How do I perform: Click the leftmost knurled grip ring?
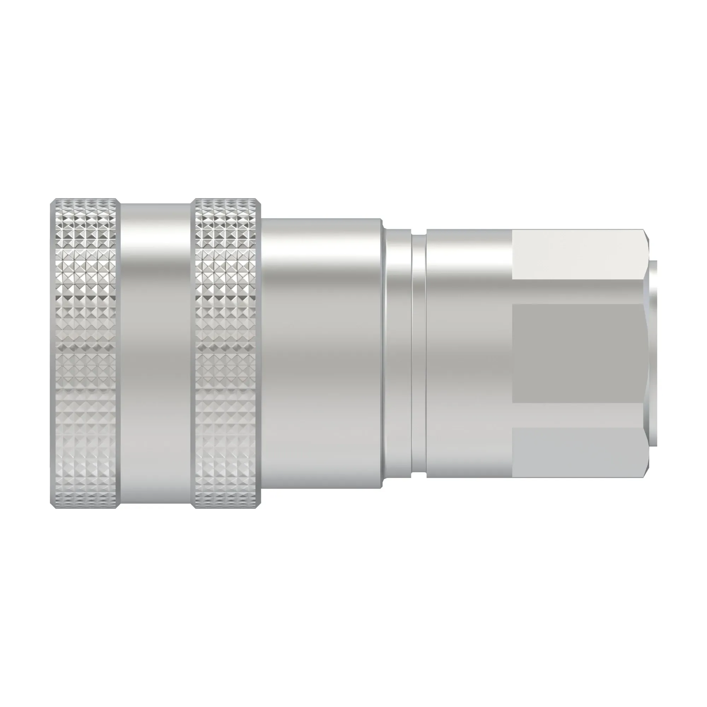tap(85, 353)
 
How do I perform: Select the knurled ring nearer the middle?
tap(226, 353)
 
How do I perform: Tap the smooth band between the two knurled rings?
tap(155, 353)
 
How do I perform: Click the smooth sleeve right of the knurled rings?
tap(321, 353)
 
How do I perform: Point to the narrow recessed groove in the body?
tap(419, 353)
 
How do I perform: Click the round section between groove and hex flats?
tap(469, 353)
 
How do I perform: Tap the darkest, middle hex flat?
tap(578, 353)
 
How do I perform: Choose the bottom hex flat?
tap(578, 452)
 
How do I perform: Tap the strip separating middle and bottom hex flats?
tap(578, 415)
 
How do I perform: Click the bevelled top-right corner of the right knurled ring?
tap(258, 201)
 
